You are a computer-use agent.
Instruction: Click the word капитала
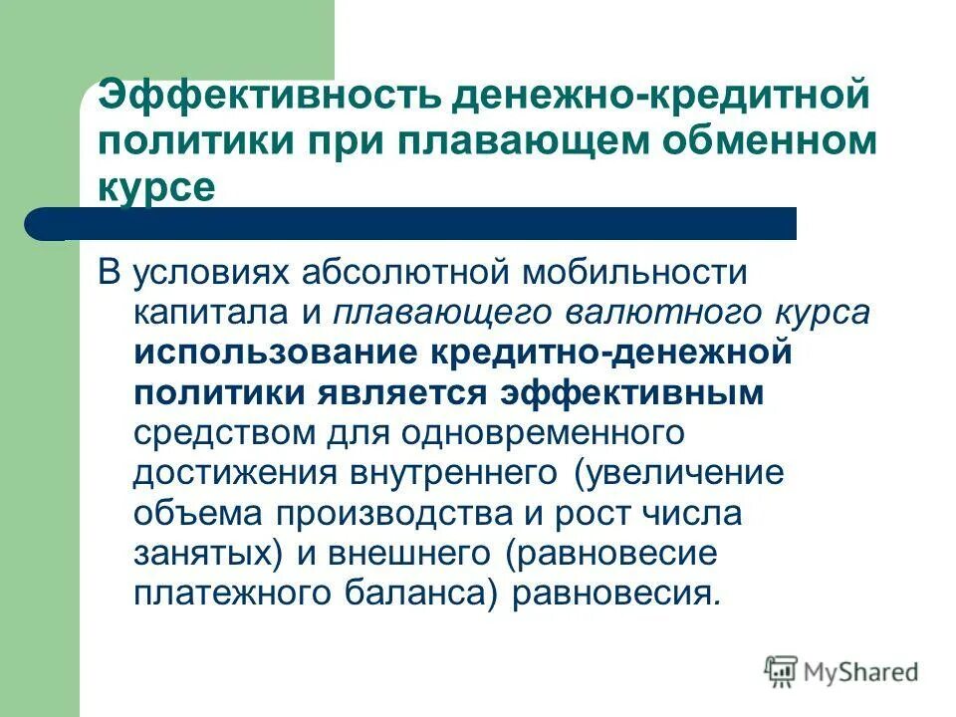(x=219, y=313)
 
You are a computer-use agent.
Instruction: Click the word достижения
(x=233, y=474)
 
